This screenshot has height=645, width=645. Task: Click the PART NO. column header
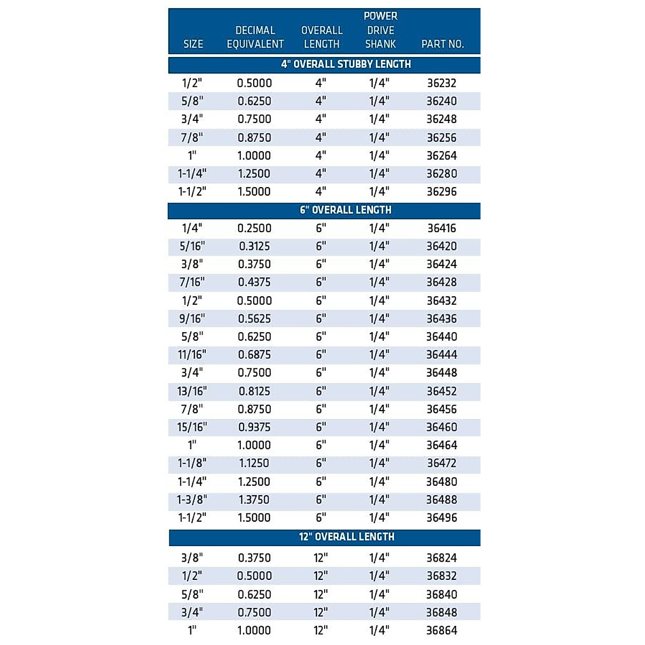coord(442,44)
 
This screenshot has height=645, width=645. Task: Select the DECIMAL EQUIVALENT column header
coord(255,37)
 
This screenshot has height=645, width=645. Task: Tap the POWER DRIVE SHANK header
coord(381,30)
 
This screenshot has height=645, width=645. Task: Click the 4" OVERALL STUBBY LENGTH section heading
coord(346,64)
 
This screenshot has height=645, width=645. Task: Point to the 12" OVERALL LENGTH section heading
coord(347,537)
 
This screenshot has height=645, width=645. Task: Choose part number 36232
coord(442,83)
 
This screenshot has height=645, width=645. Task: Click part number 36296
coord(442,192)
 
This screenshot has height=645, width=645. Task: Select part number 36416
coord(442,228)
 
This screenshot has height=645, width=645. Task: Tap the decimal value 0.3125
coord(254,246)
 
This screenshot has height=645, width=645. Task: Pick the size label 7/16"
coord(192,282)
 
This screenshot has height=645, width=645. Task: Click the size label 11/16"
coord(192,355)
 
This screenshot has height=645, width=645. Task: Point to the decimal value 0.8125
coord(254,391)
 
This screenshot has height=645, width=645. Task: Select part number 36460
coord(442,427)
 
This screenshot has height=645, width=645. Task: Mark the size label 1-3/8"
coord(192,500)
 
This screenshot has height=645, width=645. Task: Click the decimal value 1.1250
coord(254,463)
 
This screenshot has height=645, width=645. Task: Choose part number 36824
coord(442,558)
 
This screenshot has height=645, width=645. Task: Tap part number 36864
coord(442,630)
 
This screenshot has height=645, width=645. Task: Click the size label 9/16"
coord(192,319)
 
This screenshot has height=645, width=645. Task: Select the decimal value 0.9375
coord(254,427)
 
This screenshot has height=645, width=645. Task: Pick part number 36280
coord(442,174)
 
